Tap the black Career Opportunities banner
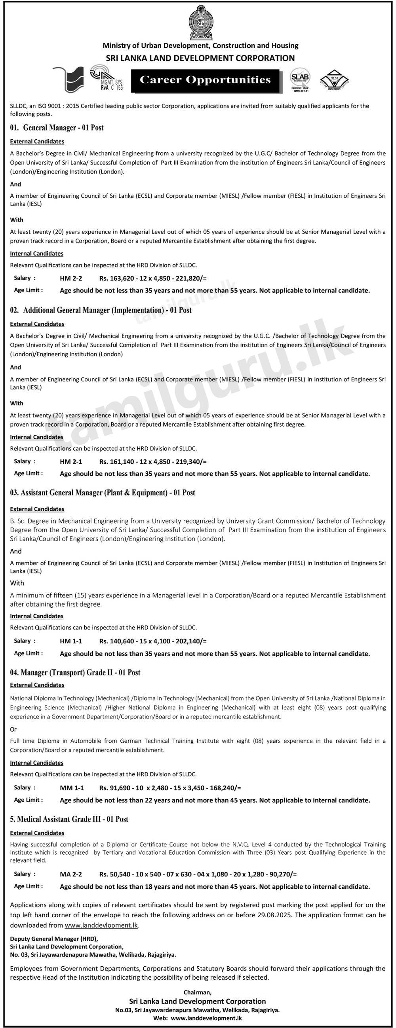coord(205,80)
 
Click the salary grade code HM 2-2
coord(70,279)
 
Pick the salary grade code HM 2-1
coord(70,462)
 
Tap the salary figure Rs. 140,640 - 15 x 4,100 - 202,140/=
coord(153,641)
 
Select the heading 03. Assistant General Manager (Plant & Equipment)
coord(102,493)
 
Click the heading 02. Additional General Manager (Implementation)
coord(101,310)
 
